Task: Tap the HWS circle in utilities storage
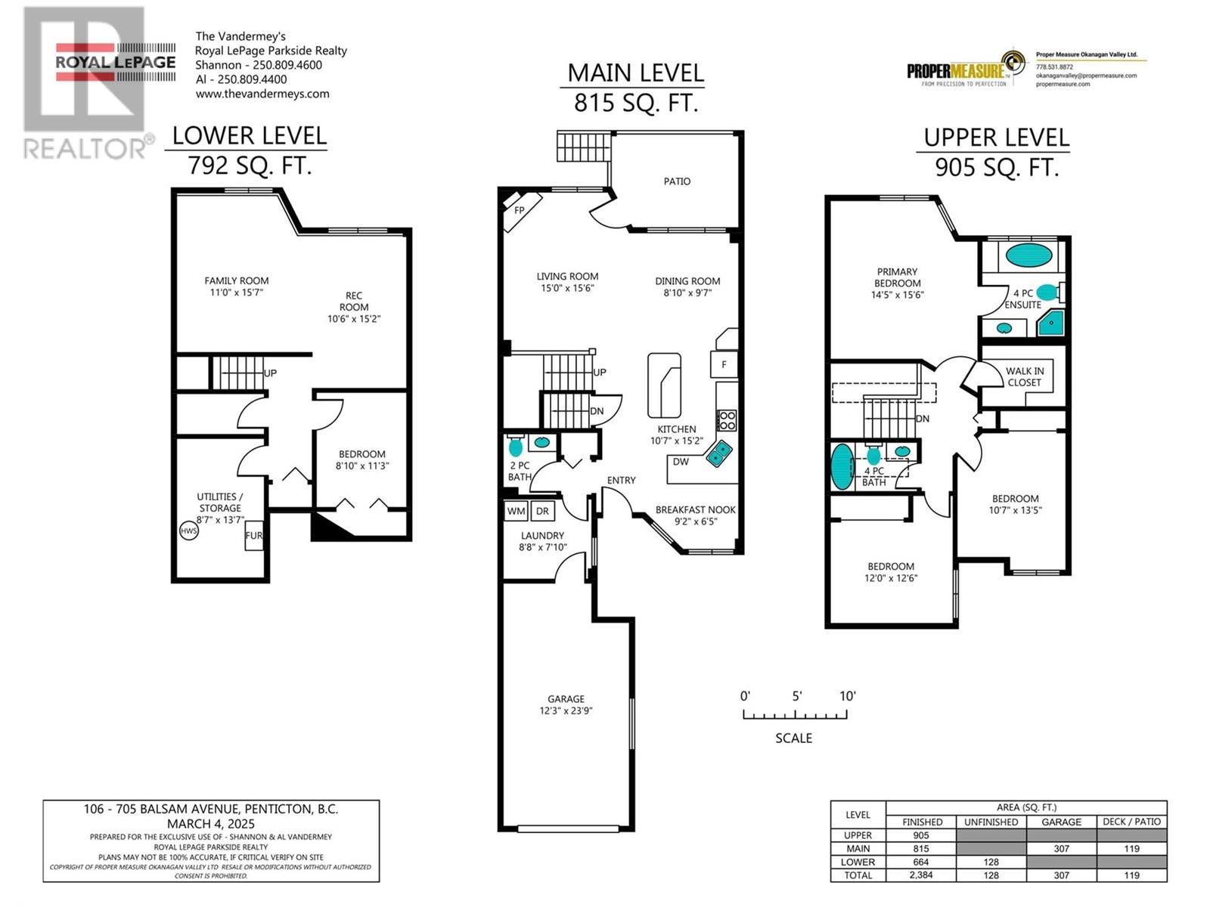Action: [x=189, y=531]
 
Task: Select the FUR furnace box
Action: [x=254, y=535]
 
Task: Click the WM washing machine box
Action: [x=516, y=511]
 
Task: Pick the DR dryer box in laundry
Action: [x=542, y=511]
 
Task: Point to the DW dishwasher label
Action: [x=680, y=462]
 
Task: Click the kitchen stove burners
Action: [x=727, y=420]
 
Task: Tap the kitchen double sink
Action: [x=719, y=453]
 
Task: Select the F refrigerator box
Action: [x=724, y=364]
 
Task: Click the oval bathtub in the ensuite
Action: [x=1028, y=255]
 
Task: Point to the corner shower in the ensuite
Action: [x=1052, y=323]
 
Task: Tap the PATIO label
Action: [x=677, y=181]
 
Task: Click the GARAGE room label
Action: [x=566, y=698]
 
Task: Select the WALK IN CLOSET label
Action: [x=1024, y=376]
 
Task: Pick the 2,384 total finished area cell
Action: [x=921, y=874]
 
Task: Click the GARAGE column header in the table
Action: [x=1061, y=822]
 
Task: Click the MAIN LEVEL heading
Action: [x=635, y=73]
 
